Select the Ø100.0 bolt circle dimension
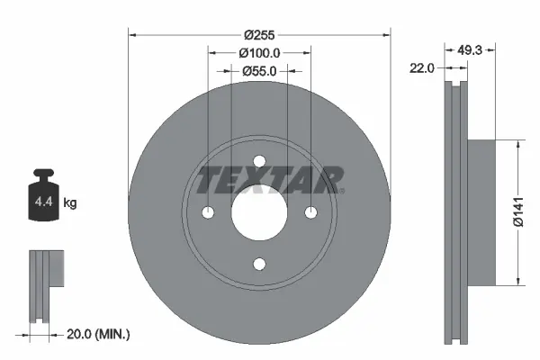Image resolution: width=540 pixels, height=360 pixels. pos(260,54)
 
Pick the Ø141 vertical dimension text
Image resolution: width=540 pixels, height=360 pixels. pos(517,212)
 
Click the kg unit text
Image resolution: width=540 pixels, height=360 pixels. pos(70,203)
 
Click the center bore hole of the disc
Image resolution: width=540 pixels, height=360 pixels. pos(259,212)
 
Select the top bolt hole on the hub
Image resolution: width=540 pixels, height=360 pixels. pos(259,161)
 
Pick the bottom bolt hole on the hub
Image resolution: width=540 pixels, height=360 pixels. pos(259,264)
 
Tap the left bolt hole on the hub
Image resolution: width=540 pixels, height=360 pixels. pos(208,212)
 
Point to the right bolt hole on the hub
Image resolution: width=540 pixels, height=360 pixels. pos(310,212)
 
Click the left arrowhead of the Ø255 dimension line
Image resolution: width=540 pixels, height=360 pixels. pos(133,36)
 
